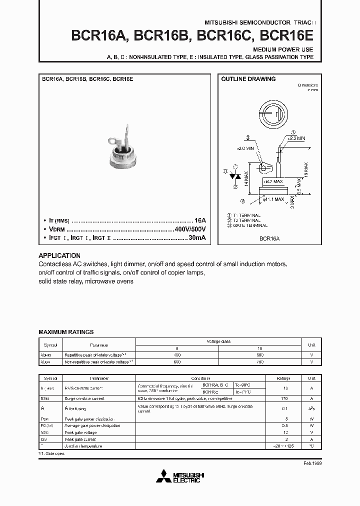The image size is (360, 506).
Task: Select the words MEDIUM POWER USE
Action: coord(283,50)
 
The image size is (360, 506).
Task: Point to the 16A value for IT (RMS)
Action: coord(200,220)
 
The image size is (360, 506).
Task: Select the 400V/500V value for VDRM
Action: coord(190,228)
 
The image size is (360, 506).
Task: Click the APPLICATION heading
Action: coord(59,255)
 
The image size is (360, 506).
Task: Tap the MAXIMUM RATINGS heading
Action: coord(66,332)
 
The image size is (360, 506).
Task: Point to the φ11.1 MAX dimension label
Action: coord(273,199)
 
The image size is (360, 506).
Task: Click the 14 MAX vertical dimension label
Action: coord(246,178)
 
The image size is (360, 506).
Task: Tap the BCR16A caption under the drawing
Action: coord(269,239)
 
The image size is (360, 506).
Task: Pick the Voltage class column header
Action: coord(218,341)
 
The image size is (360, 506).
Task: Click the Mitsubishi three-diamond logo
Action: coord(167,476)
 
